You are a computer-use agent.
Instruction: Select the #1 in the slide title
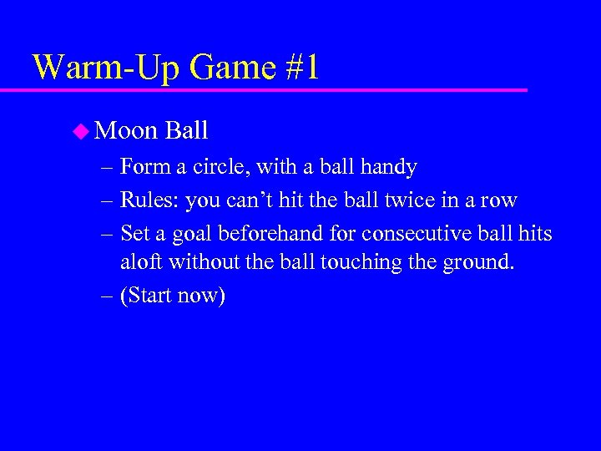tap(300, 67)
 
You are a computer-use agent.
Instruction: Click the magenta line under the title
tap(275, 89)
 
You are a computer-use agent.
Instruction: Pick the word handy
tap(389, 167)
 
